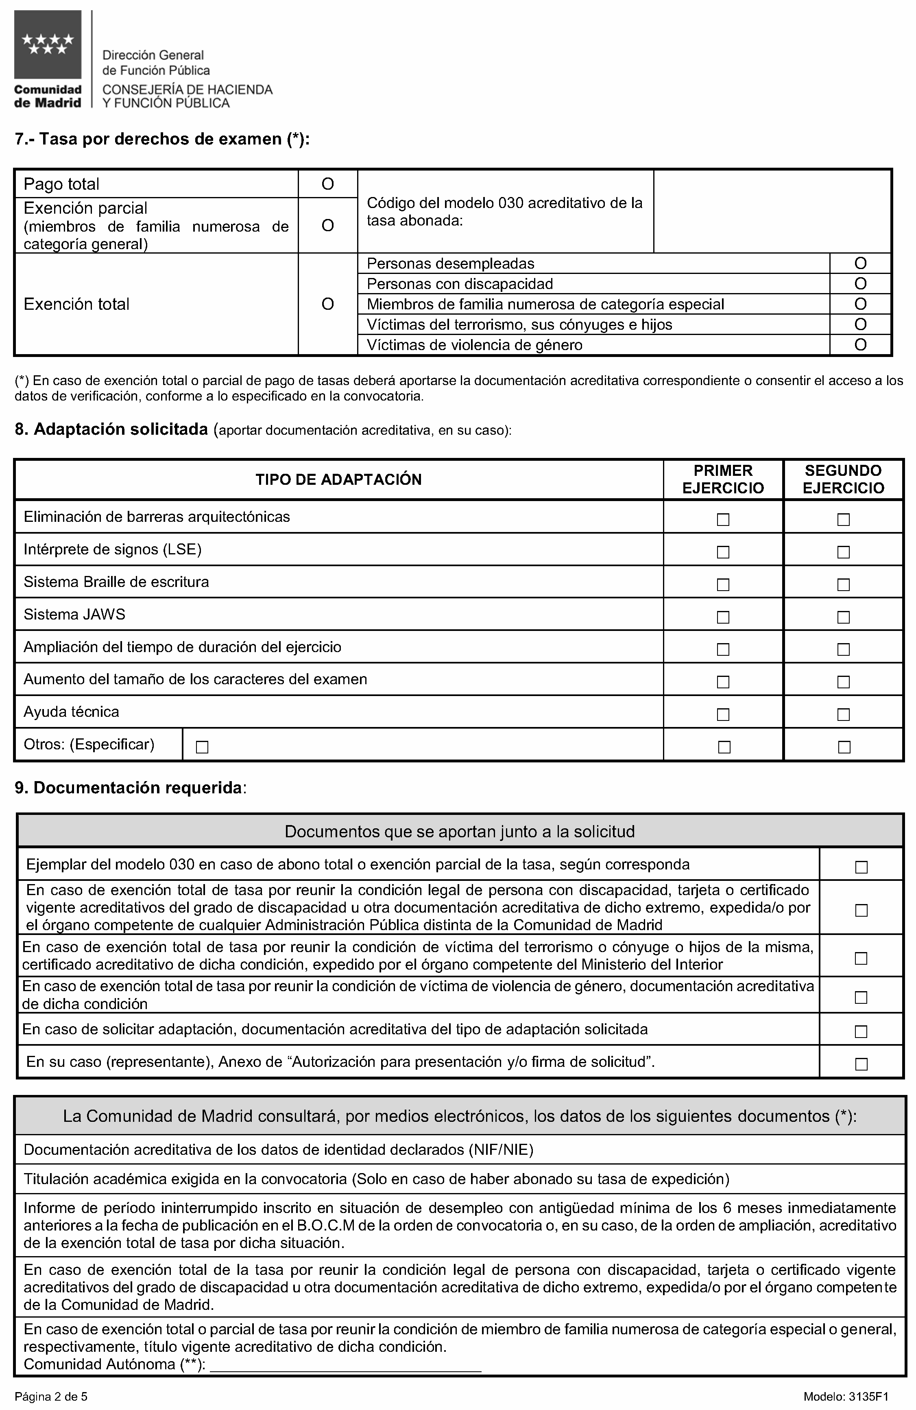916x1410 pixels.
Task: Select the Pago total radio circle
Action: [x=327, y=184]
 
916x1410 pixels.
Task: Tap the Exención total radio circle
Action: [x=327, y=304]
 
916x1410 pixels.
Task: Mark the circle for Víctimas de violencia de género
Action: [x=860, y=345]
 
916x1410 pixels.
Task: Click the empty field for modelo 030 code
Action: [x=772, y=212]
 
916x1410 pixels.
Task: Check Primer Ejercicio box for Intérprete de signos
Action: [x=723, y=552]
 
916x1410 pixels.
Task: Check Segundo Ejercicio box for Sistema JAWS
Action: [x=843, y=617]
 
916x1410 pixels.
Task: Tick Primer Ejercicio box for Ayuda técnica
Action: [x=723, y=714]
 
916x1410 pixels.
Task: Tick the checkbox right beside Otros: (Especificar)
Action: [x=202, y=747]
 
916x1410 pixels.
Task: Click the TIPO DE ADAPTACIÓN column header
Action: [x=339, y=479]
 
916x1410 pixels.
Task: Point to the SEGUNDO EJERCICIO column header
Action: [x=843, y=479]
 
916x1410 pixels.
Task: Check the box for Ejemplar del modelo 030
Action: [x=861, y=867]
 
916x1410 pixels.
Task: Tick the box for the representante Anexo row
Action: [x=861, y=1064]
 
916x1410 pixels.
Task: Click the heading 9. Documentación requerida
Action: [x=130, y=788]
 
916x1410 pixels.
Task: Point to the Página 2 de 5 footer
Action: [x=51, y=1397]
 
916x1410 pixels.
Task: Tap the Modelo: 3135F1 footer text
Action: [x=846, y=1397]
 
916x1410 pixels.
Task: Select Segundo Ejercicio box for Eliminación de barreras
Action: [x=843, y=519]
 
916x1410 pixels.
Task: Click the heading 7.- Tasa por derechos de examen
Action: [x=161, y=139]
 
